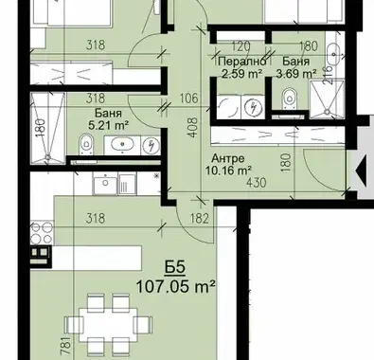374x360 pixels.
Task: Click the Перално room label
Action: coord(241,62)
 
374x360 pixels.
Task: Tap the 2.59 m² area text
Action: coord(242,74)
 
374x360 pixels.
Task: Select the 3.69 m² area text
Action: coord(296,74)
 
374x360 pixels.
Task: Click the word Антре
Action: coord(228,158)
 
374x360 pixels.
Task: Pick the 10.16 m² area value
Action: coord(228,171)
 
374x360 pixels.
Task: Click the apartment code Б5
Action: coord(174,267)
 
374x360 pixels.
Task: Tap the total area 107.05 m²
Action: coord(175,287)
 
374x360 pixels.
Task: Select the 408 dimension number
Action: coord(192,127)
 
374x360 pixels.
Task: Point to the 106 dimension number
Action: coord(189,99)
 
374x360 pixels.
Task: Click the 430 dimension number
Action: coord(256,183)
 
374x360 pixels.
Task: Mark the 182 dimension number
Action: coord(200,219)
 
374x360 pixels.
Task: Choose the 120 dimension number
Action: coord(240,46)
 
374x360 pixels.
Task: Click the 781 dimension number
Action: coord(65,346)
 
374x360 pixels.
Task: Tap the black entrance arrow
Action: coord(361,171)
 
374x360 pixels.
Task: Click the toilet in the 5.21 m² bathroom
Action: coord(86,144)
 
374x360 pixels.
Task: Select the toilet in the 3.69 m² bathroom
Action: coord(289,99)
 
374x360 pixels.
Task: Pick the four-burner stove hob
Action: coord(42,232)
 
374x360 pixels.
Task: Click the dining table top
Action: coord(108,323)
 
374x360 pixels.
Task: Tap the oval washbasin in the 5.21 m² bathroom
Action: coord(122,145)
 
